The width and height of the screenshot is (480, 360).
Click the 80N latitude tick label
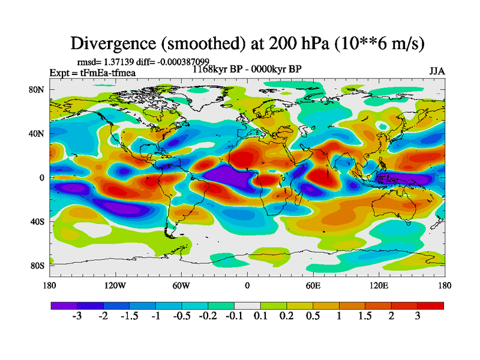(37, 89)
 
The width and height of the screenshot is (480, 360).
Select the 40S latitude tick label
(37, 221)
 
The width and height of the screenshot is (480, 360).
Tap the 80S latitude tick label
(37, 265)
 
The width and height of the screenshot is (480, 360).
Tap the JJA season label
(437, 71)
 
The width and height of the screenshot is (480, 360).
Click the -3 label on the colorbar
(76, 317)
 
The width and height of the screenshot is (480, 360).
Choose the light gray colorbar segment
(247, 306)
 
